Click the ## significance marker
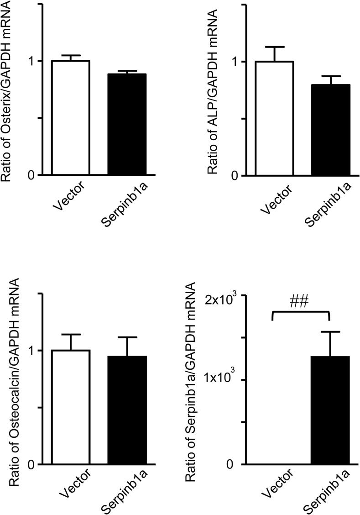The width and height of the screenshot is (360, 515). point(300,302)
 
